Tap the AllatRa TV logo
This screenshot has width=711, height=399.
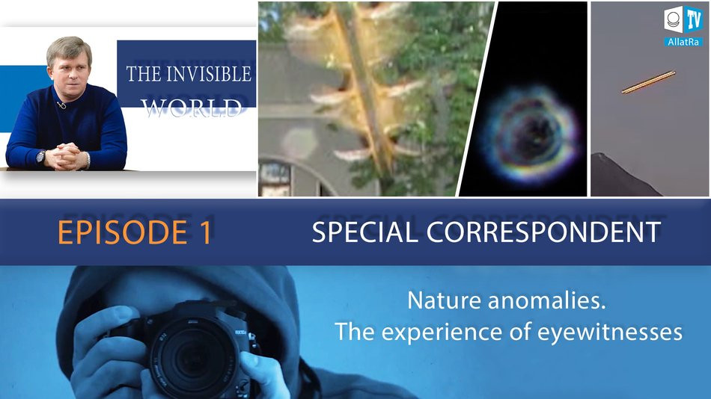(683, 28)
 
